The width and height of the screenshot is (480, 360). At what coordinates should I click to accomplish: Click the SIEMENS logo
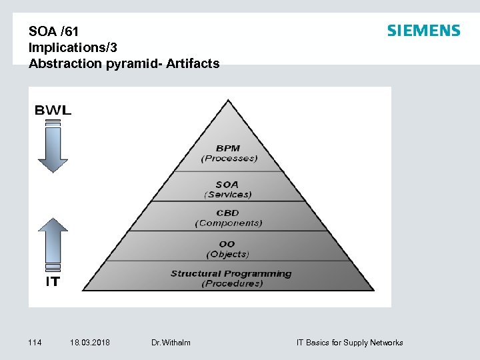coord(423,31)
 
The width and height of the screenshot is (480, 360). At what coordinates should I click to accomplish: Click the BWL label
coord(53,111)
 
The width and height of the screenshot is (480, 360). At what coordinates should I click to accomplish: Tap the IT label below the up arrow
coord(53,282)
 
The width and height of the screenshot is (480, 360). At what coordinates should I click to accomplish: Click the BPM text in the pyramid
coord(228,148)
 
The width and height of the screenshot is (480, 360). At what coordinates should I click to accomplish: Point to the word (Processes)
coord(229,159)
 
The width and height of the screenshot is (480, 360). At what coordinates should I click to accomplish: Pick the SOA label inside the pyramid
coord(227,184)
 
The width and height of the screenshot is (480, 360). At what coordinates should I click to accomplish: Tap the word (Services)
coord(228,195)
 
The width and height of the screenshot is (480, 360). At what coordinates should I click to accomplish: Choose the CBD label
coord(227,213)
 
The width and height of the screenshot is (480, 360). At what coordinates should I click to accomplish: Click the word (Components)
coord(228,223)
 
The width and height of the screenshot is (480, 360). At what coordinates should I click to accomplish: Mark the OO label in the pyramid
coord(227,244)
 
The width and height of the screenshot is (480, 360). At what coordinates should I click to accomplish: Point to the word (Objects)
coord(228,254)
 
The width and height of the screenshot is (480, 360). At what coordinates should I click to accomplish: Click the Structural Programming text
coord(231,273)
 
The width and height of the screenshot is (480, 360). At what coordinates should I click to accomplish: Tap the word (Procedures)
coord(231,284)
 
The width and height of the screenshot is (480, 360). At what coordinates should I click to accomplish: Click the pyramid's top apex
coord(228,102)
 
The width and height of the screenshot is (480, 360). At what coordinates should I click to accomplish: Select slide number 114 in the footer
coord(35,343)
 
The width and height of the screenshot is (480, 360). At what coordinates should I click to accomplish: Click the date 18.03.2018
coord(90,343)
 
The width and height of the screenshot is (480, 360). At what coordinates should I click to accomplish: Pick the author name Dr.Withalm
coord(171,343)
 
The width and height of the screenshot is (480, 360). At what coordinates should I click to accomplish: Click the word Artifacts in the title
coord(194,64)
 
